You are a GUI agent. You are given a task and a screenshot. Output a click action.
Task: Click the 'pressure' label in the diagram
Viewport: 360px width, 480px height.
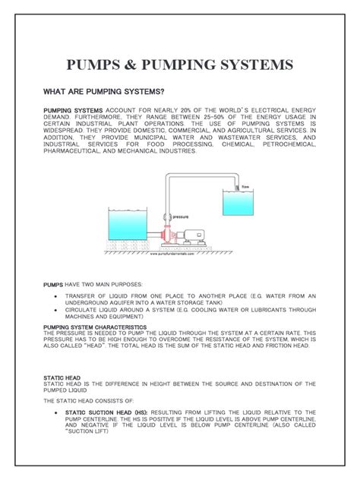click(181, 216)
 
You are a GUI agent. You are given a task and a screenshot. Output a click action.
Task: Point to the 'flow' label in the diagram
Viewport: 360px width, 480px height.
click(245, 186)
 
